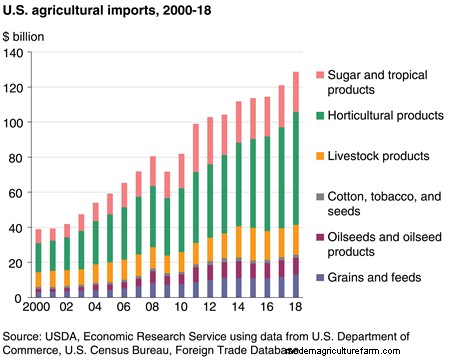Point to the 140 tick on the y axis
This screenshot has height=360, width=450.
15,54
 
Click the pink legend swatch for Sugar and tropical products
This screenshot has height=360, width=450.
319,74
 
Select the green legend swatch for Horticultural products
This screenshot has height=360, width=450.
319,116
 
